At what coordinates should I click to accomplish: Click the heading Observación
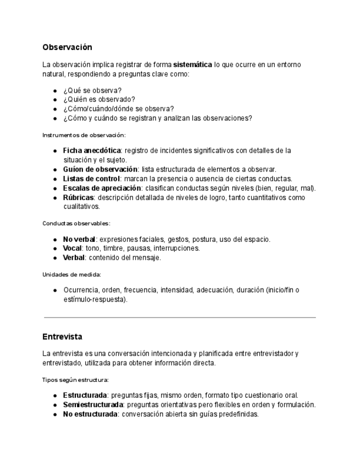click(67, 47)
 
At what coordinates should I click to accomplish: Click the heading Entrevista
click(62, 336)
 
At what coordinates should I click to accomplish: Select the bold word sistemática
click(192, 65)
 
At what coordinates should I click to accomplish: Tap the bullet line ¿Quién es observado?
click(99, 99)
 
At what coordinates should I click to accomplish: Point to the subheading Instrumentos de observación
click(84, 135)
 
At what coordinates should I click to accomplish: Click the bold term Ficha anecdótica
click(92, 151)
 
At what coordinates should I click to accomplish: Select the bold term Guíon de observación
click(100, 169)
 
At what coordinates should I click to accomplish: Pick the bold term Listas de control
click(91, 179)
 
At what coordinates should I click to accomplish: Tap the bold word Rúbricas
click(79, 197)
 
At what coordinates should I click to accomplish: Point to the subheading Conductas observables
click(76, 223)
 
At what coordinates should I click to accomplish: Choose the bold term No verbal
click(80, 239)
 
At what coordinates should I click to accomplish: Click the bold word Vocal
click(73, 248)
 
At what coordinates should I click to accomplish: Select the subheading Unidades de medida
click(71, 274)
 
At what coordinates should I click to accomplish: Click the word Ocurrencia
click(81, 290)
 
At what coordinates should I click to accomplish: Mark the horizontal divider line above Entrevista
click(180, 317)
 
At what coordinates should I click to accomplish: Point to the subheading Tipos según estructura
click(75, 379)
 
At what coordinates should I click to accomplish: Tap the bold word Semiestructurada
click(93, 405)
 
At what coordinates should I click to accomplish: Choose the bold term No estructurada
click(90, 414)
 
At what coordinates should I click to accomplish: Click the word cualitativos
click(81, 207)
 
